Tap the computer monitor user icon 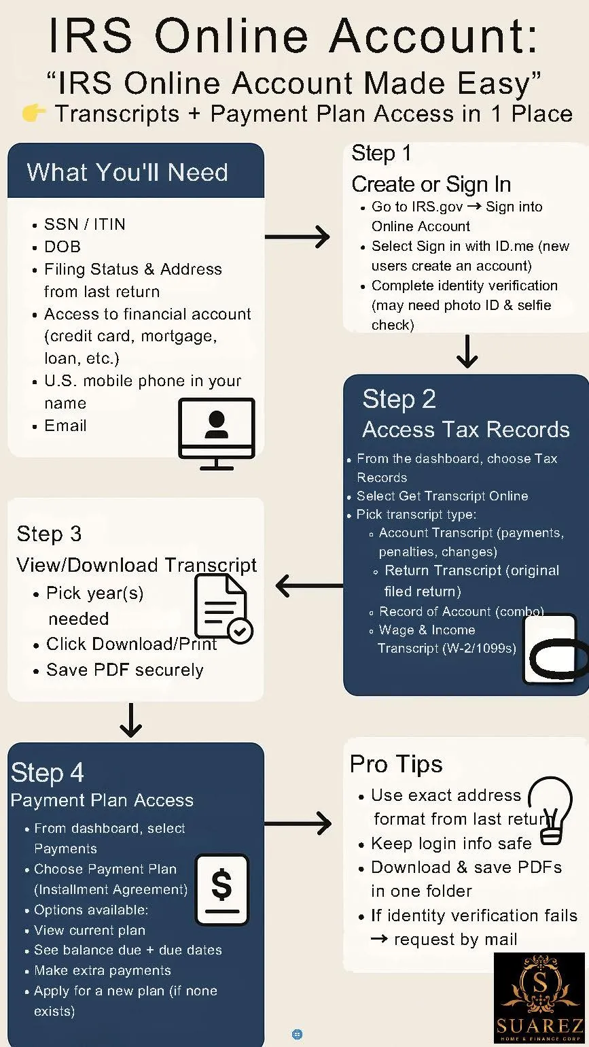(x=217, y=433)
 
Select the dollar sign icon (x=222, y=889)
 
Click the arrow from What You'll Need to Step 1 (x=297, y=237)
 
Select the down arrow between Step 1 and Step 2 (x=467, y=351)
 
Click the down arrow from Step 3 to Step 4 (x=130, y=721)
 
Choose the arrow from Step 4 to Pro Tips (x=297, y=824)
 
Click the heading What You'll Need (x=127, y=172)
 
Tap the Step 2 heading (x=399, y=399)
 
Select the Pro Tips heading (x=396, y=764)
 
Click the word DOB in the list (x=63, y=246)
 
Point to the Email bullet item (x=65, y=426)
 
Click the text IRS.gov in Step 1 (x=437, y=207)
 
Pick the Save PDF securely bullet (x=125, y=670)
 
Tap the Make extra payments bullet (x=103, y=970)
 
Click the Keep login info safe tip (x=451, y=844)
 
